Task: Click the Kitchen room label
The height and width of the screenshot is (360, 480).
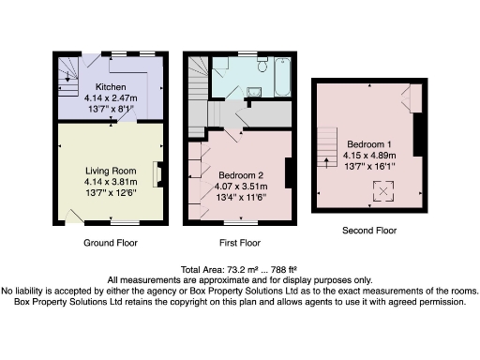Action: [x=111, y=87]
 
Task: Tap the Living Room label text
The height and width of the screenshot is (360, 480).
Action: [x=111, y=171]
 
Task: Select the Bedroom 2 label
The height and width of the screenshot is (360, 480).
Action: [x=241, y=175]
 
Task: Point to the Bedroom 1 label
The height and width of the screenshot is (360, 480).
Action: [x=369, y=144]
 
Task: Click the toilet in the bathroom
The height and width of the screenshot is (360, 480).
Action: [x=262, y=64]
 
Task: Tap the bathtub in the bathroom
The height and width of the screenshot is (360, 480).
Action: [x=283, y=77]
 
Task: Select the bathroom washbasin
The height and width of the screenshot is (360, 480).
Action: [x=254, y=92]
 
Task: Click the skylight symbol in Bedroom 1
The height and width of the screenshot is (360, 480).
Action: [x=383, y=191]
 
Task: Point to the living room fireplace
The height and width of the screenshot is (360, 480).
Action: [x=157, y=174]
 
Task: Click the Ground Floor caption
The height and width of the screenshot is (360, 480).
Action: [x=111, y=243]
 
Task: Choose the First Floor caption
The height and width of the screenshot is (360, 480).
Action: [x=240, y=243]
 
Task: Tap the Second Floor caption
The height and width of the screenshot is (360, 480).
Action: [x=369, y=231]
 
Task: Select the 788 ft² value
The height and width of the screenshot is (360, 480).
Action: [x=284, y=269]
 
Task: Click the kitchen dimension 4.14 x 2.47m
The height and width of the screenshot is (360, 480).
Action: [x=111, y=98]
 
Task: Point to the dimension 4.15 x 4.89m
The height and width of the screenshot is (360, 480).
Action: [x=369, y=156]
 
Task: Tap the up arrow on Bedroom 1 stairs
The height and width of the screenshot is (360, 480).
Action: [x=327, y=163]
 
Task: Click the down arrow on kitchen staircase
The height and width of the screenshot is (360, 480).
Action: [x=67, y=77]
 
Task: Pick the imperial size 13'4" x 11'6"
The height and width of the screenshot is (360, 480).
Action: [x=241, y=198]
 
